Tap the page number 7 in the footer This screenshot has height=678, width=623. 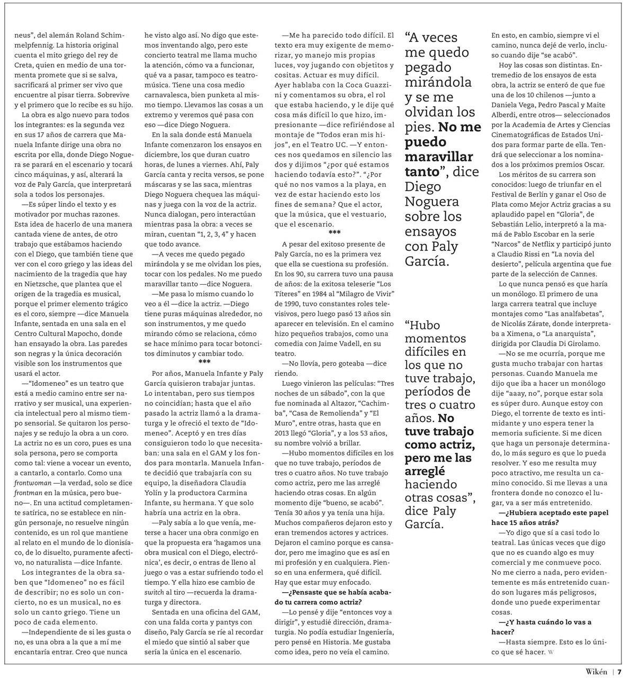coord(618,671)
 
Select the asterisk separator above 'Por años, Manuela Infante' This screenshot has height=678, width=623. coord(204,361)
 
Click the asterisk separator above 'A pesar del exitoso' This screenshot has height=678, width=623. coord(335,233)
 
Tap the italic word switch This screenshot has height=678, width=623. coord(155,592)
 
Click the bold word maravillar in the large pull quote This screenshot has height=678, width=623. coord(439,157)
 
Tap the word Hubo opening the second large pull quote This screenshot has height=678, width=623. coord(422,324)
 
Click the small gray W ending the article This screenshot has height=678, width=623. coord(550,652)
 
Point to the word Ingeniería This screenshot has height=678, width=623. coord(373,632)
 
